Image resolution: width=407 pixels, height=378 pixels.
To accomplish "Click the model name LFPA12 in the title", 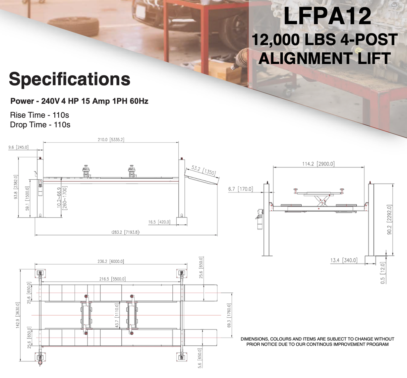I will tap(327, 16).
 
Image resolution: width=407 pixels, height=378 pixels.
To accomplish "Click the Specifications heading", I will tap(70, 79).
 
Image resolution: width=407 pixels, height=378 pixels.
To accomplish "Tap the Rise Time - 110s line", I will tap(39, 115).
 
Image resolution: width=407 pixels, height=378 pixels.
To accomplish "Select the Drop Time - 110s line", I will tap(40, 125).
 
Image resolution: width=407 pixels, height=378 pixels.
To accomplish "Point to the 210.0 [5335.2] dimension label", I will tap(111, 140).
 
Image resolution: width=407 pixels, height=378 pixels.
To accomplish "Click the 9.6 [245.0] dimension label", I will tap(18, 147).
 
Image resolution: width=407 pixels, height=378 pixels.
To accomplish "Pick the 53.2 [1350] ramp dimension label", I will tap(203, 170).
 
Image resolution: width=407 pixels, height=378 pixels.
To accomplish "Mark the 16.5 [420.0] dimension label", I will tap(159, 222).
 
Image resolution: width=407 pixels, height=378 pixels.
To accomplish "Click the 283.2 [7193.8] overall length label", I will tap(126, 232).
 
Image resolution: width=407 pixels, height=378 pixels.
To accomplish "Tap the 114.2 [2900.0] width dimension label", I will tap(318, 164).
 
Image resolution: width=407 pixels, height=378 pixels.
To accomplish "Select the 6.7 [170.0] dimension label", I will tap(240, 189).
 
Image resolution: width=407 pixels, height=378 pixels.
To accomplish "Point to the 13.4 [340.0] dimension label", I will tap(344, 260).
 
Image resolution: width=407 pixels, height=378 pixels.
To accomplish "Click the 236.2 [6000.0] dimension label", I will tap(111, 261).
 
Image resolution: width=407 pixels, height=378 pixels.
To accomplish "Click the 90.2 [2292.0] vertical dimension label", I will tap(389, 220).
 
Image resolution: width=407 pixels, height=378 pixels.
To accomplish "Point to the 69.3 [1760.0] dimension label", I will tap(229, 315).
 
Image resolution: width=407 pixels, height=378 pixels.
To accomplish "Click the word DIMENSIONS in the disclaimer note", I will tap(254, 339).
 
